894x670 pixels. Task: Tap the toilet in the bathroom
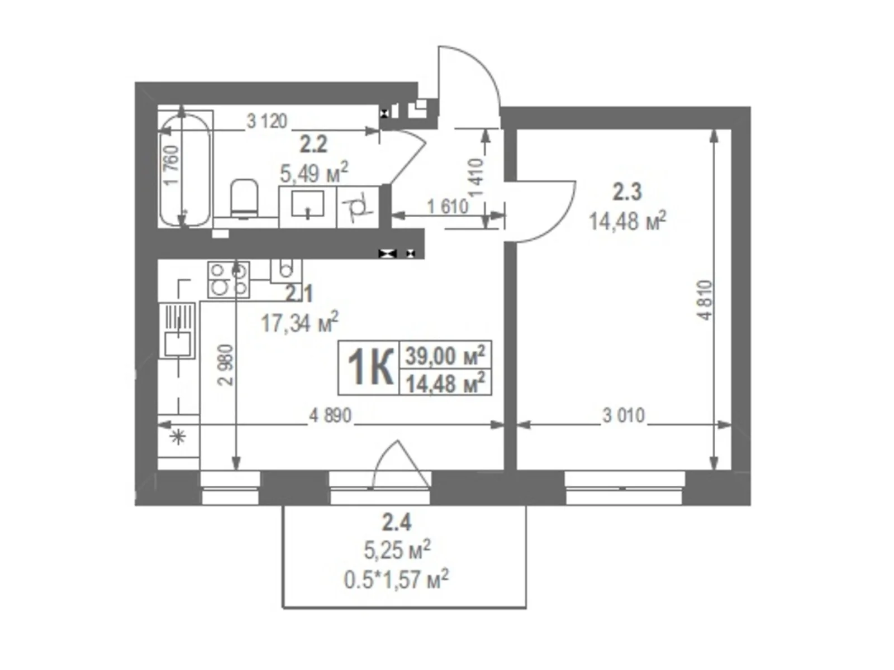point(244,198)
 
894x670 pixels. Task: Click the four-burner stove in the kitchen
point(229,279)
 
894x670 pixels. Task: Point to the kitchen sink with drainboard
point(178,330)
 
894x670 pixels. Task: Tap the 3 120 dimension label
point(267,121)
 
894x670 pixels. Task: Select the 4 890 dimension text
point(330,415)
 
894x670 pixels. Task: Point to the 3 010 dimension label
point(624,415)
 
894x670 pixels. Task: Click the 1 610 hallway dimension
point(448,207)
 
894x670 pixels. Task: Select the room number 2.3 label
point(627,193)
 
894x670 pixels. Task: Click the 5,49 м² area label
point(314,174)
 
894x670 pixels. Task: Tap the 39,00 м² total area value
point(445,355)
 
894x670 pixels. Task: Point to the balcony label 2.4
point(397,523)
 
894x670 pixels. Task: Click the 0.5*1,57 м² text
point(397,580)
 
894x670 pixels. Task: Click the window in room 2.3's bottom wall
point(625,487)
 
